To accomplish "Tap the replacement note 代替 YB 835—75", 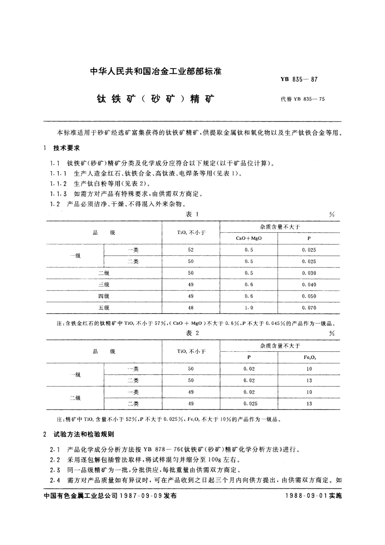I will pyautogui.click(x=303, y=99).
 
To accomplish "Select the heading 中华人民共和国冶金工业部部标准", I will pyautogui.click(x=156, y=72).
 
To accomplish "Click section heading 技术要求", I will pyautogui.click(x=66, y=148).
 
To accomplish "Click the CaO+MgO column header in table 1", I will pyautogui.click(x=249, y=238).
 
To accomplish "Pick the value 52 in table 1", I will pyautogui.click(x=191, y=250).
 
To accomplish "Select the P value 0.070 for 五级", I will pyautogui.click(x=309, y=308).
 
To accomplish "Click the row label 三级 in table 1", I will pyautogui.click(x=104, y=284).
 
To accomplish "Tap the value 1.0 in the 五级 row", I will pyautogui.click(x=249, y=308).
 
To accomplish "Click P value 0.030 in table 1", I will pyautogui.click(x=309, y=273).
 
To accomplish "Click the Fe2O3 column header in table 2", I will pyautogui.click(x=309, y=357).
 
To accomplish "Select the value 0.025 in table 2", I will pyautogui.click(x=249, y=404).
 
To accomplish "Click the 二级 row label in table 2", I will pyautogui.click(x=75, y=398).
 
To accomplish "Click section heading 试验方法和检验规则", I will pyautogui.click(x=83, y=434).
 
